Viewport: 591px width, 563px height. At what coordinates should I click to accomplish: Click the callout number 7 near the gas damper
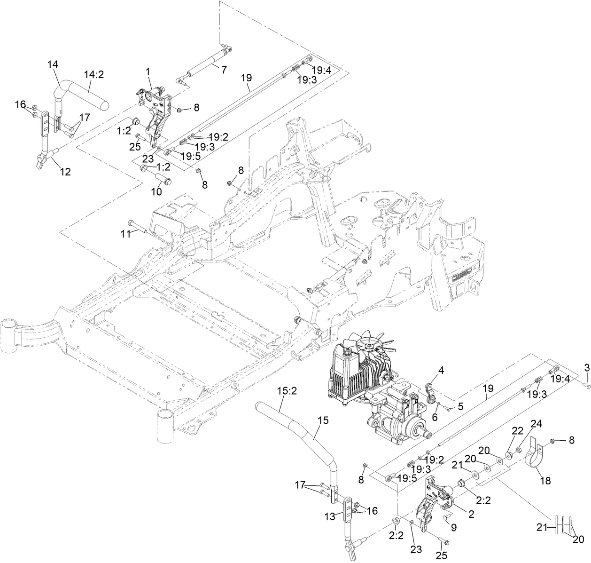tap(224, 70)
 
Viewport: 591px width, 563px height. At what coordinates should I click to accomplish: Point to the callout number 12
tap(65, 172)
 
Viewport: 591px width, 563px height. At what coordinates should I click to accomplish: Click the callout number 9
tap(453, 528)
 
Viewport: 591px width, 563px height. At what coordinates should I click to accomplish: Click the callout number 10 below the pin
tap(156, 191)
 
